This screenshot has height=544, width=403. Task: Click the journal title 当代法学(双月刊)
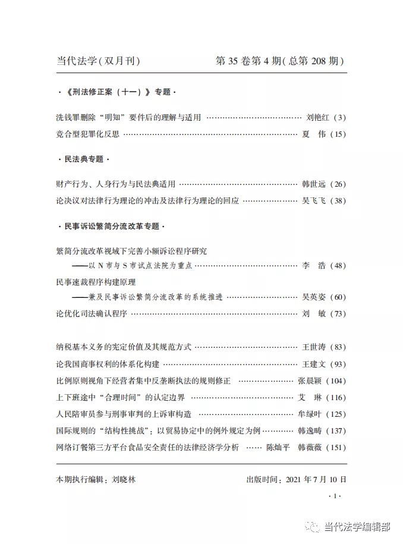tap(98, 61)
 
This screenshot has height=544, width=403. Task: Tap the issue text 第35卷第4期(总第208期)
tap(280, 61)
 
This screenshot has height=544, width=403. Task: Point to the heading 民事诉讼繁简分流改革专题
tap(109, 227)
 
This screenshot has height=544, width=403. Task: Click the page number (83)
tap(337, 347)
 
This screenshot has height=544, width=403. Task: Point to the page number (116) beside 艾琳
tap(335, 397)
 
